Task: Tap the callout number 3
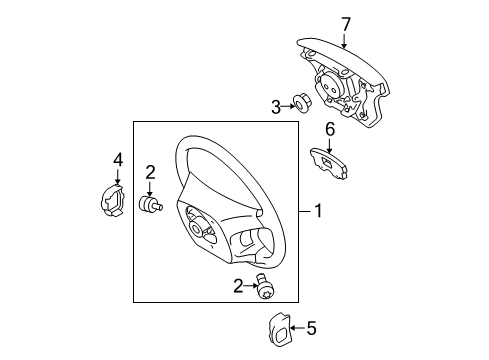(x=275, y=105)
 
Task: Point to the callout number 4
(x=118, y=159)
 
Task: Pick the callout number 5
(x=310, y=326)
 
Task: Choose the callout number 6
(x=328, y=128)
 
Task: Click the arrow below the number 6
(x=328, y=143)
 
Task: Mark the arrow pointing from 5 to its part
(x=297, y=326)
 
